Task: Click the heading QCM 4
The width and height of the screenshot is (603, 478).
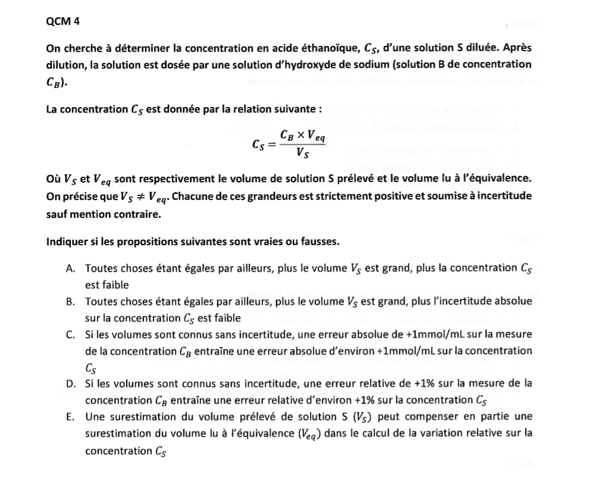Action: pyautogui.click(x=63, y=21)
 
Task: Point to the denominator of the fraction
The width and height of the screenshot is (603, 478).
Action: pyautogui.click(x=302, y=155)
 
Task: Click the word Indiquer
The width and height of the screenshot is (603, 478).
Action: pyautogui.click(x=66, y=242)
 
